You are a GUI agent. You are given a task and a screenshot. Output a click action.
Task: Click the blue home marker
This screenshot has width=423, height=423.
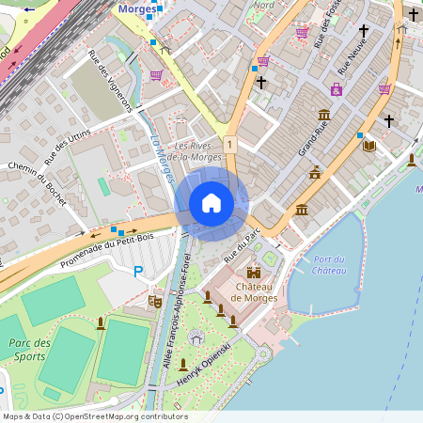pyautogui.click(x=211, y=203)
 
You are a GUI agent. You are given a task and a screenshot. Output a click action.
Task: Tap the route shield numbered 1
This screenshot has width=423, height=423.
pyautogui.click(x=229, y=144)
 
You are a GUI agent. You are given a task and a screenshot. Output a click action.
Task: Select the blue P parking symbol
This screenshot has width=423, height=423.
pyautogui.click(x=138, y=272)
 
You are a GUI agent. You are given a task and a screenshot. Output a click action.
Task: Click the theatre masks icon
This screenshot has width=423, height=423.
pyautogui.click(x=155, y=301)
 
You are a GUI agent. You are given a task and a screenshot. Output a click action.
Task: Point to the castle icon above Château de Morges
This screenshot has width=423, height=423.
pyautogui.click(x=252, y=273)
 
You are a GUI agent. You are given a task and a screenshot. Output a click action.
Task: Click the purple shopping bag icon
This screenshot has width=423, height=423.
pyautogui.click(x=336, y=89)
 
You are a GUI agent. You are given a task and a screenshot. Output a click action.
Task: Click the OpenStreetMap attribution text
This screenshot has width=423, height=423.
pyautogui.click(x=95, y=416)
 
